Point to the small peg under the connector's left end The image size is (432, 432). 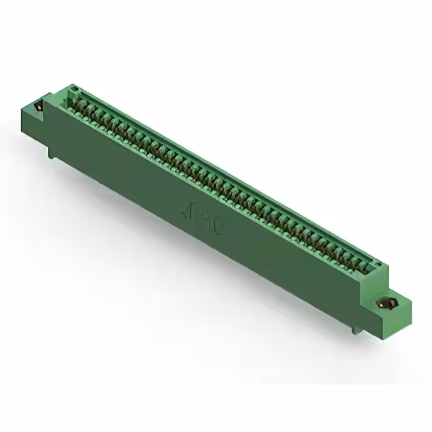51,155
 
